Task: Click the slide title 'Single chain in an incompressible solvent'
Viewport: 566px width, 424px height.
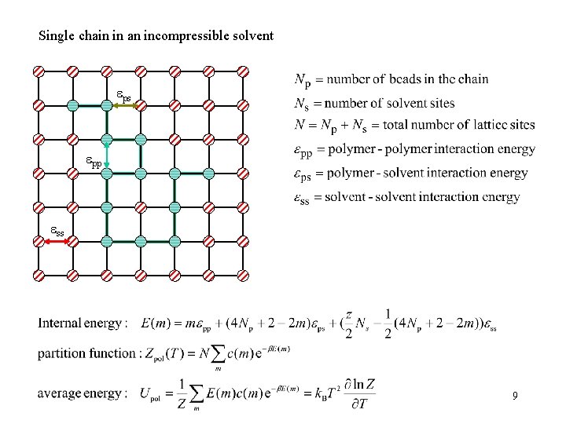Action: click(156, 36)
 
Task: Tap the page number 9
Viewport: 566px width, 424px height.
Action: click(514, 397)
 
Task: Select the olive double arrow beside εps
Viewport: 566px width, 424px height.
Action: click(123, 104)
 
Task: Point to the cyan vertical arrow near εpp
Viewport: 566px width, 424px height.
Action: click(106, 155)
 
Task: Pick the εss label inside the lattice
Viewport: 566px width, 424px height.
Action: click(57, 232)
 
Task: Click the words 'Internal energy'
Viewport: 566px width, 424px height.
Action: click(81, 323)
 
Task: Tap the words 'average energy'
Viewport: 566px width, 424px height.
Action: click(80, 393)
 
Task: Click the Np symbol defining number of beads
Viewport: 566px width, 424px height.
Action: click(302, 79)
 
